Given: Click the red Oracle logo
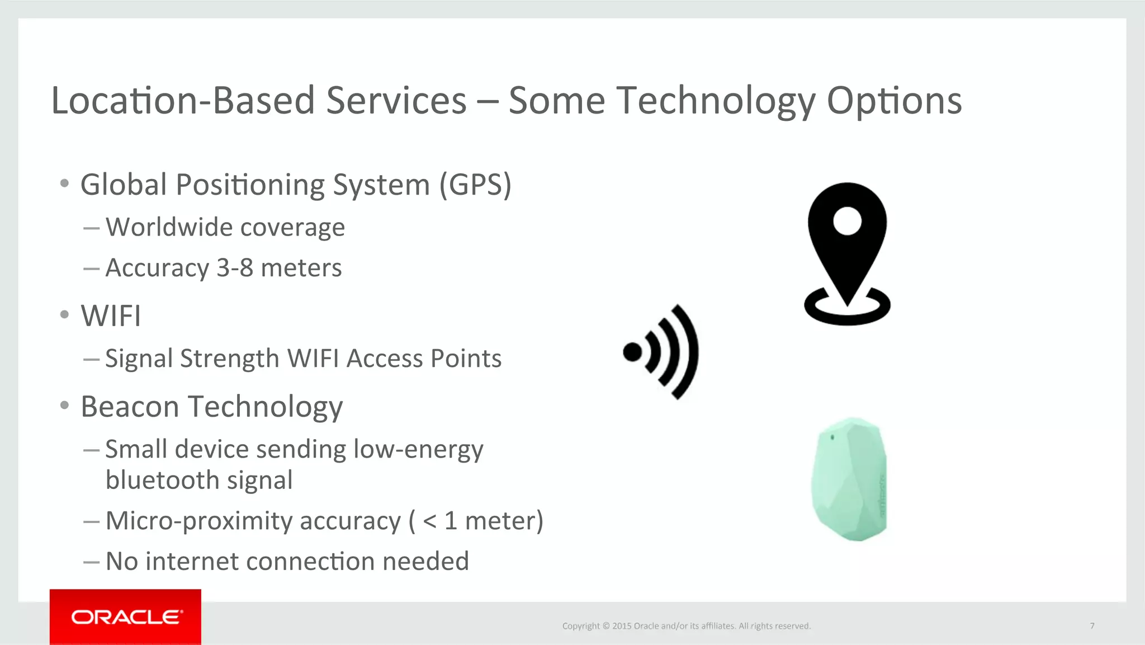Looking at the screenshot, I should (x=125, y=616).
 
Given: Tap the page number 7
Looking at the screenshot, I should (x=1092, y=626).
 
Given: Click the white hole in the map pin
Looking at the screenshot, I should (x=847, y=221).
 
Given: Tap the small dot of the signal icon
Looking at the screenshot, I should (x=632, y=352).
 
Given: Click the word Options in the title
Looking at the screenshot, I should (x=894, y=101).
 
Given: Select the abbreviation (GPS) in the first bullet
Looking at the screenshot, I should (x=475, y=185).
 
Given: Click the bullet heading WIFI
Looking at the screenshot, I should (x=111, y=316).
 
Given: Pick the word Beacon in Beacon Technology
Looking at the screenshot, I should (x=130, y=407).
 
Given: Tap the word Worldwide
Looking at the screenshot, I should (x=169, y=227).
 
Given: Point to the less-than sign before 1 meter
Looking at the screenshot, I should (x=429, y=521).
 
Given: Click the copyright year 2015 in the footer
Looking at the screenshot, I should (x=622, y=626).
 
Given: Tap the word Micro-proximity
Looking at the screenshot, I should (x=199, y=521).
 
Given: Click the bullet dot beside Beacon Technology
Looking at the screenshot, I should (x=65, y=405).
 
